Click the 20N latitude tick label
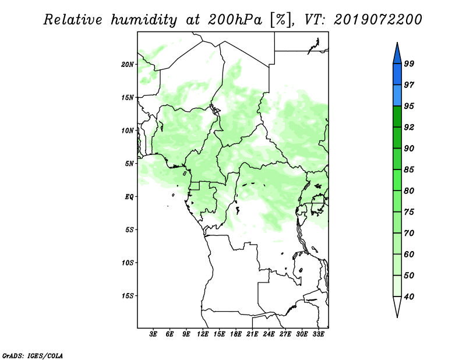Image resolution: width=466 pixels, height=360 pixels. click(x=127, y=65)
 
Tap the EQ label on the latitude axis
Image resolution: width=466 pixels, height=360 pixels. click(x=129, y=197)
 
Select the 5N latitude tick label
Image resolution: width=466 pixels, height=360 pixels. click(x=129, y=164)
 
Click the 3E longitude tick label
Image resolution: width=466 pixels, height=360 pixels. click(x=153, y=334)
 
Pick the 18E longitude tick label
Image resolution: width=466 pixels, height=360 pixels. click(x=236, y=334)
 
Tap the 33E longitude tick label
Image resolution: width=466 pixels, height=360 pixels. click(x=318, y=334)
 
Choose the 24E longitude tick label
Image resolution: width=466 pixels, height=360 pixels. click(x=269, y=334)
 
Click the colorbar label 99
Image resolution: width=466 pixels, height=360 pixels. click(x=409, y=63)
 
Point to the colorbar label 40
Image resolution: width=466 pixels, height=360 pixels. click(x=409, y=297)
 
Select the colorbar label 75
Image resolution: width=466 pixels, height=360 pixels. click(x=409, y=212)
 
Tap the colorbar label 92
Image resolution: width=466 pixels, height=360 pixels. click(x=409, y=127)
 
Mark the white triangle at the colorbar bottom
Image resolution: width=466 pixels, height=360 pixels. click(x=397, y=305)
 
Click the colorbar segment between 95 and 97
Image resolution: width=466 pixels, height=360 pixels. click(x=397, y=96)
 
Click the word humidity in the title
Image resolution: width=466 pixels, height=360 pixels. click(x=144, y=20)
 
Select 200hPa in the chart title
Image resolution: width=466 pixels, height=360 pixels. click(x=235, y=20)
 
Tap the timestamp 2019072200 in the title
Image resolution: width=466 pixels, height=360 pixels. click(x=377, y=19)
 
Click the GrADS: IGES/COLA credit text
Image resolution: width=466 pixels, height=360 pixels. click(x=33, y=356)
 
